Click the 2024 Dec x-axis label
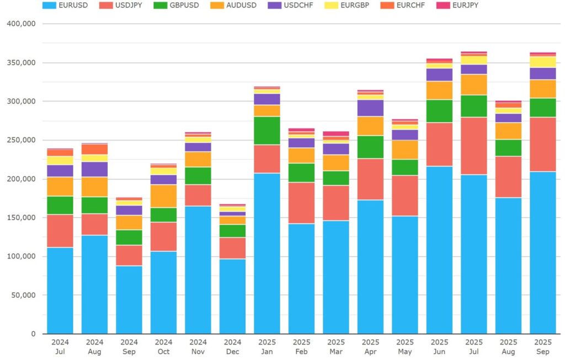point(232,346)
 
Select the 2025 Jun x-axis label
point(439,346)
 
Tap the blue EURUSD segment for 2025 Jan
point(267,254)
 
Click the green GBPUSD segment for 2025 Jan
point(267,131)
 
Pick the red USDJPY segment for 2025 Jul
point(474,146)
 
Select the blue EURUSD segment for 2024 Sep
point(129,300)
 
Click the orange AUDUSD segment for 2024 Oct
point(163,196)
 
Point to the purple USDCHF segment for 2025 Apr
point(370,108)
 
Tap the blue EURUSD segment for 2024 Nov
point(198,270)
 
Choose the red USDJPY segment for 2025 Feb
point(301,203)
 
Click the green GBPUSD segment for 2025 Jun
point(439,111)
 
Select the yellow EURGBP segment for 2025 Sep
point(543,62)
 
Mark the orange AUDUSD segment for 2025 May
point(405,150)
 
